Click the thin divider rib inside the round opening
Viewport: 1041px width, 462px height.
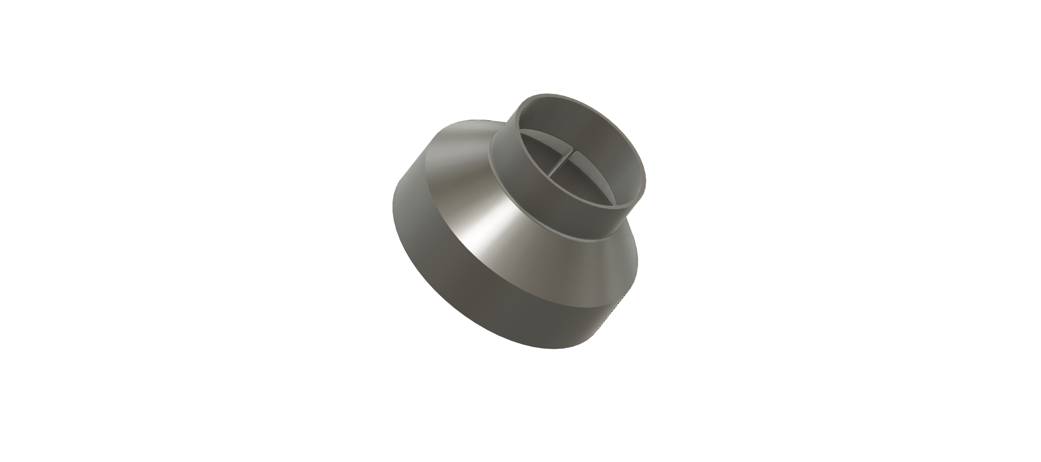click(561, 163)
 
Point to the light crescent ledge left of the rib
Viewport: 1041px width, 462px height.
click(545, 135)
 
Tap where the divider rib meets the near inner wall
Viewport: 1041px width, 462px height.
click(549, 175)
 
